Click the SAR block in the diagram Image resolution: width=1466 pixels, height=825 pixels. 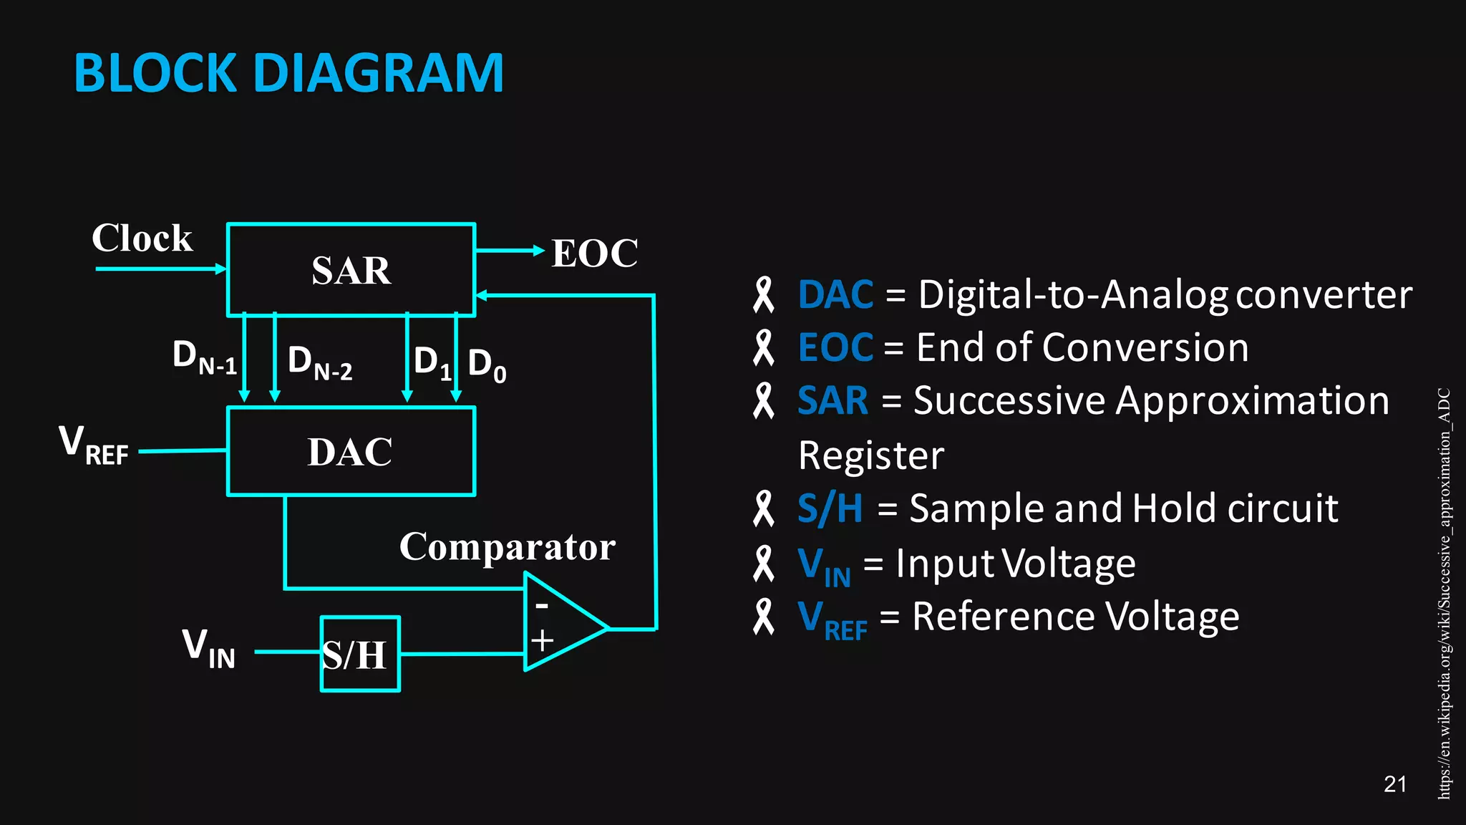click(351, 270)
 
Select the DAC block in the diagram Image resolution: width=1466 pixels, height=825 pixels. click(351, 452)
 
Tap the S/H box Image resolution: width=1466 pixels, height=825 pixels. click(359, 655)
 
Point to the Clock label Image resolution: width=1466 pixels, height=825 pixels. click(142, 238)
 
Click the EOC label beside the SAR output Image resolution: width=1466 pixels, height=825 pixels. click(594, 254)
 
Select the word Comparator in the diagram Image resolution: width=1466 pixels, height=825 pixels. click(507, 547)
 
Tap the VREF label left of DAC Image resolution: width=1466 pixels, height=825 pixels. click(94, 445)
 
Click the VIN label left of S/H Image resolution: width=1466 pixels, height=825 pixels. click(208, 648)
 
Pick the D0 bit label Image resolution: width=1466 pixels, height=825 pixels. click(487, 365)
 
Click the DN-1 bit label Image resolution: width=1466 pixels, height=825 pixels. click(204, 357)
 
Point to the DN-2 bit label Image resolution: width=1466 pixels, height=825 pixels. click(319, 362)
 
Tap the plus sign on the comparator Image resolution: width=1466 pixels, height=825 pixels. click(542, 640)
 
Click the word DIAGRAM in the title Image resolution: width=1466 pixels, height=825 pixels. click(379, 73)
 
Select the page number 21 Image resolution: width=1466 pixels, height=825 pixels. click(1395, 784)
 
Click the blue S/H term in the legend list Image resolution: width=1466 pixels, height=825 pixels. click(830, 508)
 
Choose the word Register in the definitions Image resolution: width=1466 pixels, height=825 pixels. click(870, 455)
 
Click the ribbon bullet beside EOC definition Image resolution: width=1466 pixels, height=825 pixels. click(764, 348)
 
